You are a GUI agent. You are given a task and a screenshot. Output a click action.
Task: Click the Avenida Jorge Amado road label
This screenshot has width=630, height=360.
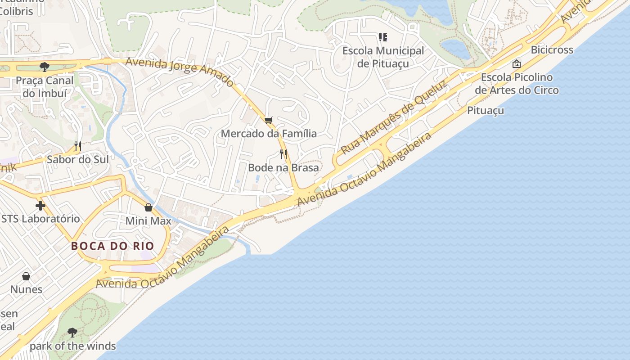[180, 72]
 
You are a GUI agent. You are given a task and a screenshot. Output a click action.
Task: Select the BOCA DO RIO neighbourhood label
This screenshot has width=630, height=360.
[112, 246]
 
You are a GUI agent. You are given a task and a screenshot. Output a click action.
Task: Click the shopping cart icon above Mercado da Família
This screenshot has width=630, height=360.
[269, 120]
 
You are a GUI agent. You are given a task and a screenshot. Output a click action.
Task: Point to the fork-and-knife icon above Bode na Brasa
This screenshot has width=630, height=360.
[283, 154]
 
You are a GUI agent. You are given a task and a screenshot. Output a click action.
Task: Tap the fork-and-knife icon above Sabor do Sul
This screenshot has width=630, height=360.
[78, 146]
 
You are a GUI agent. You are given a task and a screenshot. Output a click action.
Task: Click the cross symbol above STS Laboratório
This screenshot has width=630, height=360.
[40, 206]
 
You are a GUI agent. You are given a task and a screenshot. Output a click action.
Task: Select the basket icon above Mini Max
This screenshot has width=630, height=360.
[148, 207]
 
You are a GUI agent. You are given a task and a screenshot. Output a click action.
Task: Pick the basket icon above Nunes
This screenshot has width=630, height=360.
[26, 276]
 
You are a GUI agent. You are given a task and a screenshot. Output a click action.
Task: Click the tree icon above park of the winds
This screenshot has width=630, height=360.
[72, 333]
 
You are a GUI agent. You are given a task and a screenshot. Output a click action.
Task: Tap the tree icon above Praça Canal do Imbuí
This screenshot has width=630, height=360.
[44, 67]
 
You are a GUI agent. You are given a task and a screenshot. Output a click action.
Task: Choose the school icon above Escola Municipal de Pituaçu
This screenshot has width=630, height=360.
[383, 37]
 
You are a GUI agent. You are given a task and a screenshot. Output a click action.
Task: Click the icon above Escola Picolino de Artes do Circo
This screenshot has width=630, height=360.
[517, 64]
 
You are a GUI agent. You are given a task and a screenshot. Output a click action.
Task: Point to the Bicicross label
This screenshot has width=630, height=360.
[552, 50]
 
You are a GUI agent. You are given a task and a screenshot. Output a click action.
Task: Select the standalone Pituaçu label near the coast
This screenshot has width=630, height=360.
[485, 111]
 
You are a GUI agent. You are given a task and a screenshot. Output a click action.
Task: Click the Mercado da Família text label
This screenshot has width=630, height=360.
[269, 134]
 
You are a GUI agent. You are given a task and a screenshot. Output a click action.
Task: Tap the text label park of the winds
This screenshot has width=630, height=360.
[73, 346]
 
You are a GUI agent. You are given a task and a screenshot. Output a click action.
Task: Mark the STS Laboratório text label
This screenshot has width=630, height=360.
[40, 219]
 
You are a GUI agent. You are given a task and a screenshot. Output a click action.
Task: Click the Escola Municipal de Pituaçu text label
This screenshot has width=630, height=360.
[383, 57]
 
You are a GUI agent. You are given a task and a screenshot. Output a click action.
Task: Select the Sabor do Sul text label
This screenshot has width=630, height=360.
[78, 160]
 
